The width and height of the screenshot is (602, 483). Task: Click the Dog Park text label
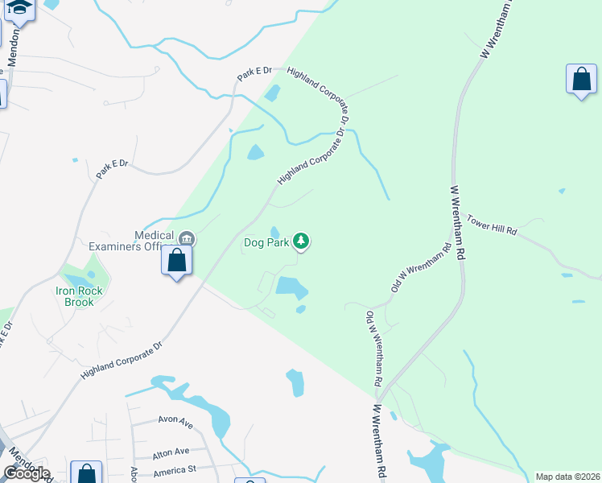[266, 242]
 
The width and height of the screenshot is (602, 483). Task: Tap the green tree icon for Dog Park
[301, 241]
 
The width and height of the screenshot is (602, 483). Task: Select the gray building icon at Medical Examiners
[187, 237]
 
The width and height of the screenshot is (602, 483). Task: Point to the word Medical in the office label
[155, 235]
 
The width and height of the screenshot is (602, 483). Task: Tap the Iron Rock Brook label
[75, 296]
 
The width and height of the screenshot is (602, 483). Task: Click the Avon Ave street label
[175, 422]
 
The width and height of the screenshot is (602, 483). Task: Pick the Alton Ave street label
[171, 451]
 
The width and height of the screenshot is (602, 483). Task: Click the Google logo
[26, 473]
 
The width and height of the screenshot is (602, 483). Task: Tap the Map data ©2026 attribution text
[567, 477]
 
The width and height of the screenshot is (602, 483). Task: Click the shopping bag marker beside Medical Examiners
[176, 261]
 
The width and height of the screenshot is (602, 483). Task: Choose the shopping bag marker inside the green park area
[581, 79]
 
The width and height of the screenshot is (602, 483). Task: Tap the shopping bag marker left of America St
[86, 473]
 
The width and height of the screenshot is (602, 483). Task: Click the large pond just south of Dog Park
[291, 286]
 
